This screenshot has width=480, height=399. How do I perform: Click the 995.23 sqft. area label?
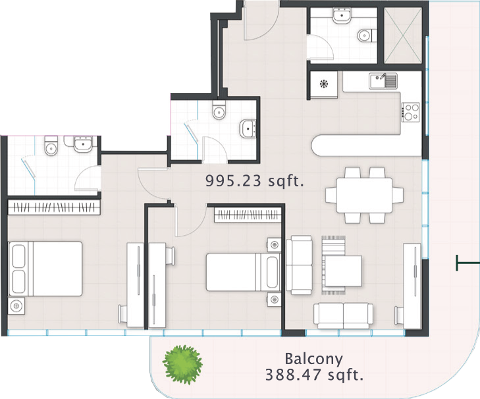[x=254, y=180]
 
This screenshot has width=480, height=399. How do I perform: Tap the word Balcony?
[x=313, y=359]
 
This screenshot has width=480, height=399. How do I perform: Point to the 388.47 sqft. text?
[x=314, y=375]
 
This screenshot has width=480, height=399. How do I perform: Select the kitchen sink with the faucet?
[x=383, y=80]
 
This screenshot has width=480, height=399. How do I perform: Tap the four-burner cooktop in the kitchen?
[x=410, y=112]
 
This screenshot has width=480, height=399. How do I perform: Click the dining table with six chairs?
[x=364, y=195]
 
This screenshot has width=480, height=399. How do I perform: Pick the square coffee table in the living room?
[x=343, y=271]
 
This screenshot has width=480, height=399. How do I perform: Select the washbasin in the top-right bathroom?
[x=342, y=15]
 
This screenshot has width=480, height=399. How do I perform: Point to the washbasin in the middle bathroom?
[x=248, y=128]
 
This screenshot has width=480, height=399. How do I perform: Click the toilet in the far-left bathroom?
[x=51, y=146]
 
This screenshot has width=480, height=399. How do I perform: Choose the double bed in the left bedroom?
[x=45, y=269]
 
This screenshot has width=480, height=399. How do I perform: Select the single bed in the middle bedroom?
[x=244, y=272]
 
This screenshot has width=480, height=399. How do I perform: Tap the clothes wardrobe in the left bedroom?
[x=54, y=207]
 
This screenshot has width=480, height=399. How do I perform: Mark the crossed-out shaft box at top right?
[x=402, y=34]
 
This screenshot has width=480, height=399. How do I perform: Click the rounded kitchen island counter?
[x=367, y=145]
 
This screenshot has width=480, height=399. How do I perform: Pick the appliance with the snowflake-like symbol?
[x=324, y=84]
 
